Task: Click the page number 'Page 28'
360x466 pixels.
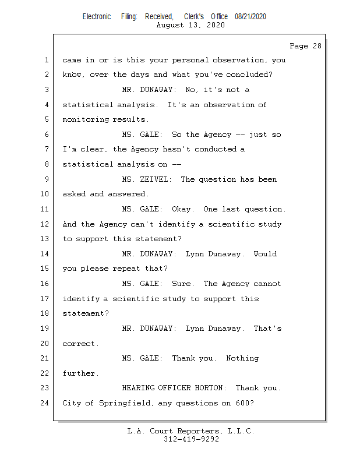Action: [x=305, y=46]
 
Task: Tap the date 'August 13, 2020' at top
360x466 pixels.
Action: [x=191, y=25]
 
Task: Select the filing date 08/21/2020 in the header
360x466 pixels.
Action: [x=250, y=16]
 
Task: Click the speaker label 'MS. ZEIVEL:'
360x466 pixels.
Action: [x=147, y=179]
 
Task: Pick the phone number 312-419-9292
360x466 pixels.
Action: [x=191, y=439]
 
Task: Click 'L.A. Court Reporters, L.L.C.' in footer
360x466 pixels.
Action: [x=191, y=431]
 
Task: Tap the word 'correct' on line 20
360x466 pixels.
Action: [x=79, y=344]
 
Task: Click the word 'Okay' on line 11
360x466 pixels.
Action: [x=183, y=209]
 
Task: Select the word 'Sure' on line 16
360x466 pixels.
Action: [x=183, y=284]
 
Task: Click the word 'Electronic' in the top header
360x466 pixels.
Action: [x=97, y=16]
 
